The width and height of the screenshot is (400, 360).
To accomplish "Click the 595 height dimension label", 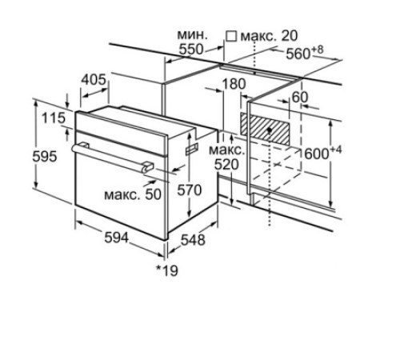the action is tap(45, 156).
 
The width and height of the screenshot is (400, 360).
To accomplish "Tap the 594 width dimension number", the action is tap(117, 237).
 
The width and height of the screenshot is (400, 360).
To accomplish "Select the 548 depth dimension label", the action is tap(193, 240).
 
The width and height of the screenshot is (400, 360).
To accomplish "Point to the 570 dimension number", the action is tap(190, 190).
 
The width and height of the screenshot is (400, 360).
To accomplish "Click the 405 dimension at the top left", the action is tap(94, 79).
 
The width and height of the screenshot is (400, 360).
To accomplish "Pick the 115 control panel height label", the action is tap(54, 118).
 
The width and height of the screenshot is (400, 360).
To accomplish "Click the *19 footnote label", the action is tap(167, 270).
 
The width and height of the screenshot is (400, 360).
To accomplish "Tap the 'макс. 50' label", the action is tap(133, 194).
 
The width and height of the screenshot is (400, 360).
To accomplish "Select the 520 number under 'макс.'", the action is tap(226, 165).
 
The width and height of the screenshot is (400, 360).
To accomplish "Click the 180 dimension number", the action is tap(234, 84).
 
